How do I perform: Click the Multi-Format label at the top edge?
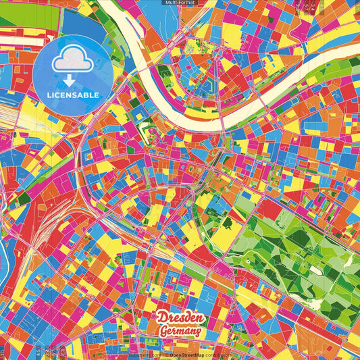pos(180,3)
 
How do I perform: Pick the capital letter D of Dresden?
pos(162,317)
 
